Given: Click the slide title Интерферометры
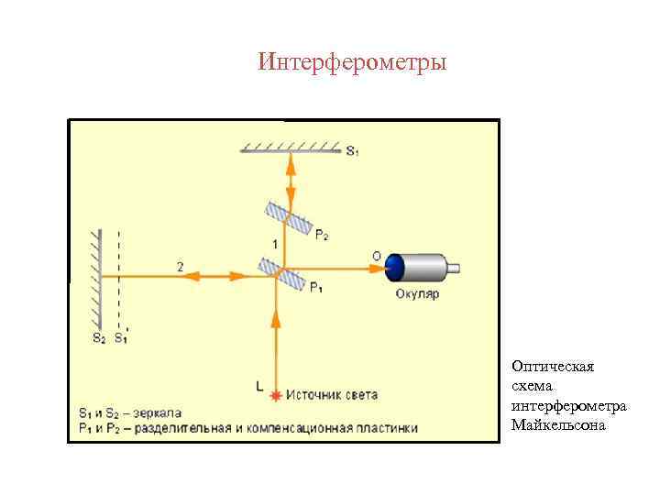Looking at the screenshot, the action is (353, 62).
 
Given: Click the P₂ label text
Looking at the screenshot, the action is (322, 236).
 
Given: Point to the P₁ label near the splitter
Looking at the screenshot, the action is (316, 290).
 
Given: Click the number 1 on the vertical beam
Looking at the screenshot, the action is (275, 243).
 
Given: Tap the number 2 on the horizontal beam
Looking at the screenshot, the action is (180, 266).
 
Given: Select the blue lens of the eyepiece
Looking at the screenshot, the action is (395, 268).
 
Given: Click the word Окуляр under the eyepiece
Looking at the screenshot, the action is (417, 295).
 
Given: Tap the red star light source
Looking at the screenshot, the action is (276, 395).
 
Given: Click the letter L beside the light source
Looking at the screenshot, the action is (259, 387).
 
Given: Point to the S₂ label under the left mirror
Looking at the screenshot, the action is (99, 337).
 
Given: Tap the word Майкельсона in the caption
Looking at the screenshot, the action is (559, 425).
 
